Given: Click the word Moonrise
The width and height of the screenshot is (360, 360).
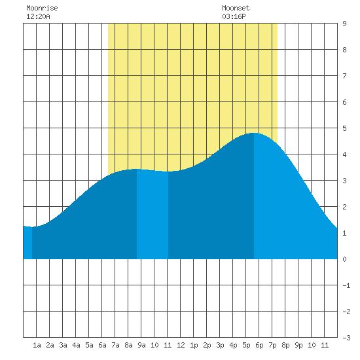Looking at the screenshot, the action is click(x=42, y=8).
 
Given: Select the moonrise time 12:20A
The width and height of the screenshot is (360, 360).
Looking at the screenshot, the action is click(x=38, y=16).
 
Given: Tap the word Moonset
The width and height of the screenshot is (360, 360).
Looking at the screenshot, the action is click(x=236, y=8).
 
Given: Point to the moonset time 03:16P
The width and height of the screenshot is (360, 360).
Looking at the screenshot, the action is click(x=234, y=16).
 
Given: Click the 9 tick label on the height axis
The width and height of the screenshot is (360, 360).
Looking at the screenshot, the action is click(x=344, y=24).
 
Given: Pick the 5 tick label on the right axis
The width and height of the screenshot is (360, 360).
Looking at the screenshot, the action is click(x=344, y=128).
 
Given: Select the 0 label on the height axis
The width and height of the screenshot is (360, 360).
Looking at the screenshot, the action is click(x=344, y=259).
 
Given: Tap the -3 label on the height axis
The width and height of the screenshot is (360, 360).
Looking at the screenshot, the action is click(x=346, y=338).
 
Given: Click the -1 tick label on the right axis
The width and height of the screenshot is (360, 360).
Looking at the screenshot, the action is click(x=346, y=285).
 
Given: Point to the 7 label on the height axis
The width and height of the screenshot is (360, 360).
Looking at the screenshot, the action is click(x=344, y=76).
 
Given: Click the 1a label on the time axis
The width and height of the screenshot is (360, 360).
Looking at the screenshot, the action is click(x=37, y=345).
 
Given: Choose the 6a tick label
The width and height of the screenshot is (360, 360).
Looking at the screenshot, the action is click(x=102, y=345).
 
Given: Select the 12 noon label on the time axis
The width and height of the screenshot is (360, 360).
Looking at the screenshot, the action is click(x=181, y=345).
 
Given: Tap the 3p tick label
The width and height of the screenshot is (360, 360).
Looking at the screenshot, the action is click(x=220, y=345).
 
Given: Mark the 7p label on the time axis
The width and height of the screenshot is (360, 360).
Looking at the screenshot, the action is click(x=272, y=345).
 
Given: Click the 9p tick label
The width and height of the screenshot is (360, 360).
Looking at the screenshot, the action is click(x=298, y=345).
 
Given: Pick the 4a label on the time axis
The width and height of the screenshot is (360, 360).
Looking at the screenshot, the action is click(x=76, y=345).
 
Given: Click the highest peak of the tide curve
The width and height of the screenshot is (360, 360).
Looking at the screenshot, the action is click(x=254, y=133).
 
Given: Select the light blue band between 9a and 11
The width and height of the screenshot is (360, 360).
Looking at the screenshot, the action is click(x=153, y=215).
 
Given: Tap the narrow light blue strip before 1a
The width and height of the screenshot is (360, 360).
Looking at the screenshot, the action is click(x=27, y=243).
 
